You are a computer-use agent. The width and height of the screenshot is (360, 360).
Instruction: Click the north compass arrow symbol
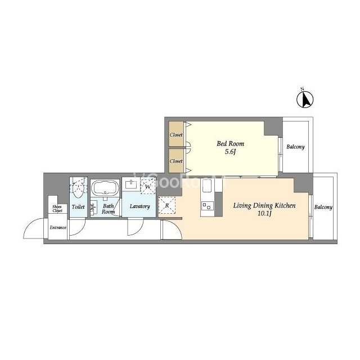pyautogui.click(x=305, y=99)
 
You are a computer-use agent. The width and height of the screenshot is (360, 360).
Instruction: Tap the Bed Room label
pyautogui.click(x=230, y=144)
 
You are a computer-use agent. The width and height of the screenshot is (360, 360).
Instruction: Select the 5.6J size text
pyautogui.click(x=230, y=152)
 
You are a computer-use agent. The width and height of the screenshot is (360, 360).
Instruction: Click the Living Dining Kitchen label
pyautogui.click(x=264, y=205)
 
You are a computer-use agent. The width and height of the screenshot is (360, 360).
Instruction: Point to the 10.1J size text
pyautogui.click(x=264, y=214)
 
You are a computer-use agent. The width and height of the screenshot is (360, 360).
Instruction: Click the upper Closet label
pyautogui.click(x=176, y=135)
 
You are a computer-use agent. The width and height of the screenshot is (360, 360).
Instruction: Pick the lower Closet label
pyautogui.click(x=176, y=161)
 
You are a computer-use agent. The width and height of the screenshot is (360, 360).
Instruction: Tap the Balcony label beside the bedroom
pyautogui.click(x=295, y=147)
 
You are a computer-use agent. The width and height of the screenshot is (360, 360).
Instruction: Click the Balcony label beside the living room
pyautogui.click(x=323, y=208)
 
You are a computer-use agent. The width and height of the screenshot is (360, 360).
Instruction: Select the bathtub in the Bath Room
pyautogui.click(x=105, y=188)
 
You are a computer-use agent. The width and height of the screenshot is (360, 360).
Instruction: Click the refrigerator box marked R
pyautogui.click(x=167, y=205)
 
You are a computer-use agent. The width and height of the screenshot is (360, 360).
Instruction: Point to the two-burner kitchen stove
pyautogui.click(x=208, y=206)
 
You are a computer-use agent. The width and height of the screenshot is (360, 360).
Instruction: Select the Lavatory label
pyautogui.click(x=139, y=206)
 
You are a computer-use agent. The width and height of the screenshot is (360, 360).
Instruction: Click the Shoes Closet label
pyautogui.click(x=57, y=209)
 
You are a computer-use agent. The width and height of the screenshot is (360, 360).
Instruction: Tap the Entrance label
pyautogui.click(x=58, y=227)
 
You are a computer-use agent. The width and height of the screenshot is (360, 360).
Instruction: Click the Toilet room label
pyautogui.click(x=78, y=207)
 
